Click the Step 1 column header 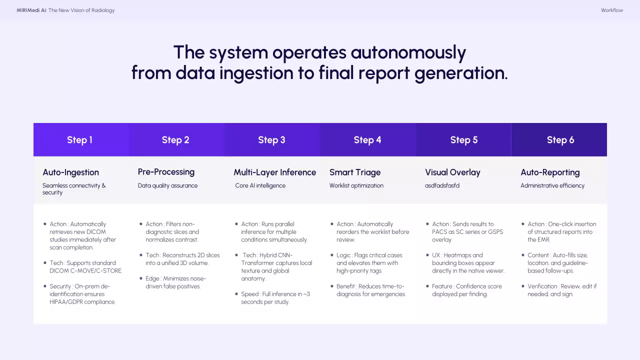tap(80, 140)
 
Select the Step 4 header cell tap(367, 140)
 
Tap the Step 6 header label tap(560, 140)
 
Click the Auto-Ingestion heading tap(70, 172)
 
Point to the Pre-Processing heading tap(166, 172)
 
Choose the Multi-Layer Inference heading tap(275, 172)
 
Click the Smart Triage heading tap(355, 172)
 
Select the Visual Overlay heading tap(452, 172)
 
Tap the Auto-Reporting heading tap(550, 172)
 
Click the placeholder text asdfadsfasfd tap(442, 185)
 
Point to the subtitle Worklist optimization tap(356, 185)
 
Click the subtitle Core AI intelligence tap(260, 185)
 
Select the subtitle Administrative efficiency tap(552, 185)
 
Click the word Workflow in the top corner tap(612, 10)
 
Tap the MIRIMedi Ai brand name tap(31, 10)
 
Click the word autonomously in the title tap(408, 52)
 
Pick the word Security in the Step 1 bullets tap(60, 286)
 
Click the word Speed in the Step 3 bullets tap(249, 294)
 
